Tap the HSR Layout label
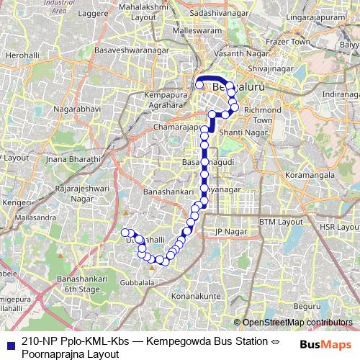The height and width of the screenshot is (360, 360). [x=338, y=226]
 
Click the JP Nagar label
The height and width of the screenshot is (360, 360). [x=230, y=232]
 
